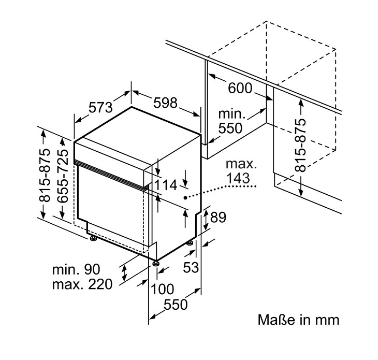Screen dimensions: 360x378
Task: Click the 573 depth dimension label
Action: [100, 108]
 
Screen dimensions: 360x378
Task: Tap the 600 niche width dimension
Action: [240, 88]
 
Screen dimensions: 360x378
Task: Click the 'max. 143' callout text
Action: [240, 171]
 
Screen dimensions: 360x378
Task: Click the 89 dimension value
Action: [219, 218]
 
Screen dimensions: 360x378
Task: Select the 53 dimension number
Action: [192, 267]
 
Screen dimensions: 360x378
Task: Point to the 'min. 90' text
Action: [76, 269]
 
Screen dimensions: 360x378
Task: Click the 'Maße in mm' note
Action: [299, 319]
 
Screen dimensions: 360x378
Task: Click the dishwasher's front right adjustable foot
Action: [156, 263]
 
